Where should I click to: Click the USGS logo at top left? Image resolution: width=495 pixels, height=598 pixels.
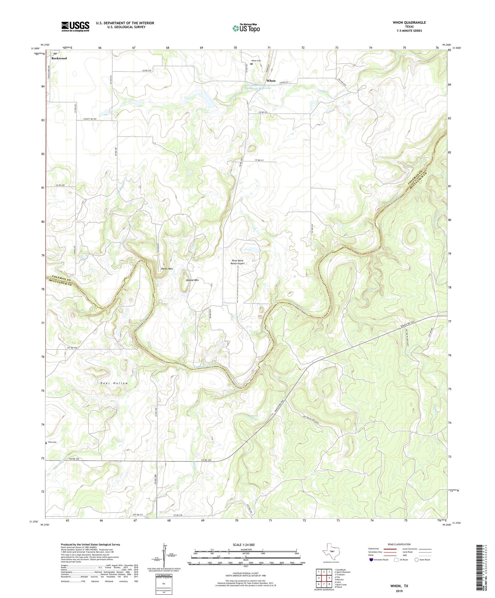click(75, 26)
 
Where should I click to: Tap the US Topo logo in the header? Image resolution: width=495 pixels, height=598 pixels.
click(246, 28)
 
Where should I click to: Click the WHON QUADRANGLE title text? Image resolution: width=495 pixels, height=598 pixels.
click(409, 22)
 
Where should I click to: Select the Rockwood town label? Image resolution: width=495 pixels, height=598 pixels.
click(59, 58)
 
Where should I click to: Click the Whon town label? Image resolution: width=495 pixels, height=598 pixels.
click(271, 81)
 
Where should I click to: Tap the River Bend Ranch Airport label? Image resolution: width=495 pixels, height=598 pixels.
click(238, 262)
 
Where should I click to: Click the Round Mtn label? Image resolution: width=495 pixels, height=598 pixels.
click(192, 280)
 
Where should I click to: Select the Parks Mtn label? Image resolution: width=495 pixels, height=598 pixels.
click(167, 269)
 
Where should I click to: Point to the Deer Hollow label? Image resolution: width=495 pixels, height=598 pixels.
click(114, 383)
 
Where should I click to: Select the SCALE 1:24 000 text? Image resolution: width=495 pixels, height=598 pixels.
click(243, 545)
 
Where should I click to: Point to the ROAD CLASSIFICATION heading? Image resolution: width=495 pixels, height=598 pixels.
click(399, 544)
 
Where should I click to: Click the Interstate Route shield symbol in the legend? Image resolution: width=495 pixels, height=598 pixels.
click(372, 559)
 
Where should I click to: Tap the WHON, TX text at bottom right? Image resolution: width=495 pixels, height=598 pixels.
click(399, 585)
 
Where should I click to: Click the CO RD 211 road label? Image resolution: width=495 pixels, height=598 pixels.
click(259, 160)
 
